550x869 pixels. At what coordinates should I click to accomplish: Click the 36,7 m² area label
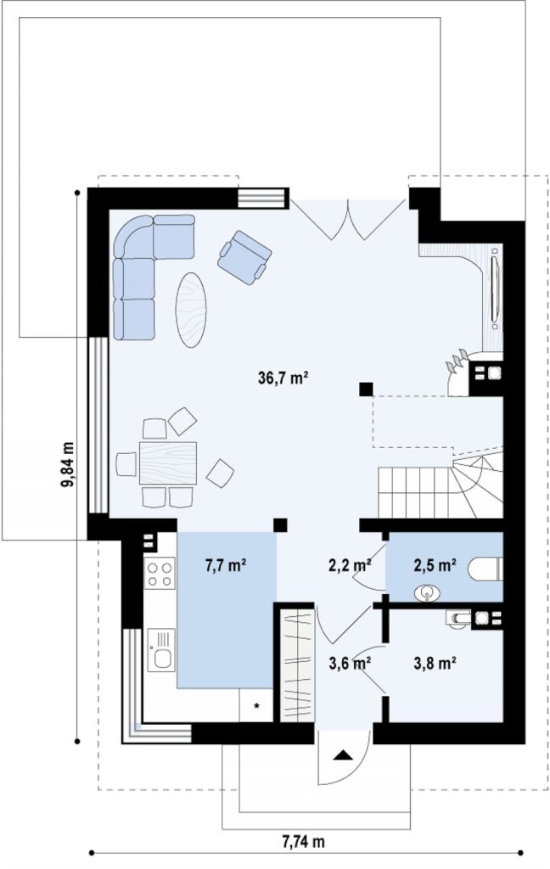click(283, 378)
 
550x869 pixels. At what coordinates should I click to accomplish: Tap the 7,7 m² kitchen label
click(226, 565)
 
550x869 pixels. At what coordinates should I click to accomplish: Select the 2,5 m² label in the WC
click(435, 565)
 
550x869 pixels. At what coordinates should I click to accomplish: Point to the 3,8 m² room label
click(435, 663)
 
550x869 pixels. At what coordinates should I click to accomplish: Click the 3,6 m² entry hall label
click(350, 663)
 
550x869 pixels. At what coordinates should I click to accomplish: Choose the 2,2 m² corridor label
click(350, 565)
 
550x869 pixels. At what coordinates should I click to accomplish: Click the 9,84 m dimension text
click(68, 464)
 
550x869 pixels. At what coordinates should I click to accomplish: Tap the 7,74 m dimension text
click(303, 843)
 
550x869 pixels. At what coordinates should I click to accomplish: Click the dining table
click(168, 463)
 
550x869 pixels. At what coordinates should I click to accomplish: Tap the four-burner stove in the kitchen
click(160, 574)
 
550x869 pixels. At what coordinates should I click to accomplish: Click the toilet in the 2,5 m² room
click(485, 569)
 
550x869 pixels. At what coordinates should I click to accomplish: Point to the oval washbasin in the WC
click(427, 593)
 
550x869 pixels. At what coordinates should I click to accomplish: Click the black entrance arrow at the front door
click(343, 754)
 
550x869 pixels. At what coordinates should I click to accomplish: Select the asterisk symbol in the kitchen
click(256, 706)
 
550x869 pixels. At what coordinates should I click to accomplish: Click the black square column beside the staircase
click(365, 389)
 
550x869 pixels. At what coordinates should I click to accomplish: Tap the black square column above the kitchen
click(281, 524)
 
